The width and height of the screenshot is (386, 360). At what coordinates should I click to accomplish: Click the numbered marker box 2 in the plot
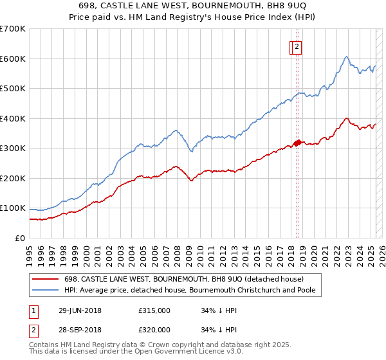click(x=297, y=46)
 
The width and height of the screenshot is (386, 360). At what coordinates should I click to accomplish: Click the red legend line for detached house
click(x=45, y=279)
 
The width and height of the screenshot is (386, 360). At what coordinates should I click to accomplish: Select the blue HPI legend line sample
click(x=45, y=290)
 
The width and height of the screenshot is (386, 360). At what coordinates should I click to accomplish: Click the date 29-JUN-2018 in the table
click(x=80, y=310)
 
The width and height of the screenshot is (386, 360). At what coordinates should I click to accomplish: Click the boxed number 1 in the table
click(x=34, y=310)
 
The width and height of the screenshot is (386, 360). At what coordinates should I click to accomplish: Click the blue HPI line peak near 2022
click(x=346, y=57)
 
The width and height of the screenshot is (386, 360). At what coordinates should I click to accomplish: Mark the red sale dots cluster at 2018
click(x=297, y=143)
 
